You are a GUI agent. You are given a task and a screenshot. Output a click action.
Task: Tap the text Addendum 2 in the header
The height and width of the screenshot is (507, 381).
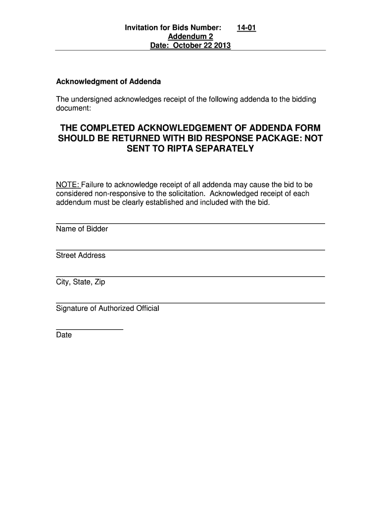pyautogui.click(x=190, y=37)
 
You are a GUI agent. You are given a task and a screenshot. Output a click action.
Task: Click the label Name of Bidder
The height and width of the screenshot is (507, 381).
pyautogui.click(x=82, y=229)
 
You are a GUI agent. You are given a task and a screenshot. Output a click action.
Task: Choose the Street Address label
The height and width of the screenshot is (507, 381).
pyautogui.click(x=81, y=255)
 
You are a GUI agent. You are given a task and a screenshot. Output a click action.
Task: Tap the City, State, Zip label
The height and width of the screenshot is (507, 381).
pyautogui.click(x=80, y=282)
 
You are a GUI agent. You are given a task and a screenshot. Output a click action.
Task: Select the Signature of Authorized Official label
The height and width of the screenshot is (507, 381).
pyautogui.click(x=107, y=308)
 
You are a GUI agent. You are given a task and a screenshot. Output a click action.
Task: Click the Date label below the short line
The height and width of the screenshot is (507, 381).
pyautogui.click(x=64, y=335)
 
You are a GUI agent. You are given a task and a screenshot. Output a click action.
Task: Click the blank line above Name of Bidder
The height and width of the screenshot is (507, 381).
pyautogui.click(x=190, y=223)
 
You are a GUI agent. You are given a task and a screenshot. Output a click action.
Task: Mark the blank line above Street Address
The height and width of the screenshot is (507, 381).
pyautogui.click(x=190, y=250)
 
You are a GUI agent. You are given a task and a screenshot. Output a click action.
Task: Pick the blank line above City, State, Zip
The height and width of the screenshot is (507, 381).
pyautogui.click(x=190, y=276)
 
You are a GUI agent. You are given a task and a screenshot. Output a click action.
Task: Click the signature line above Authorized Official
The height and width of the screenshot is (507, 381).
pyautogui.click(x=190, y=303)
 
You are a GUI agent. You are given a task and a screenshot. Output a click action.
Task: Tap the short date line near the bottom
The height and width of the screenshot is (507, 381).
pyautogui.click(x=89, y=329)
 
